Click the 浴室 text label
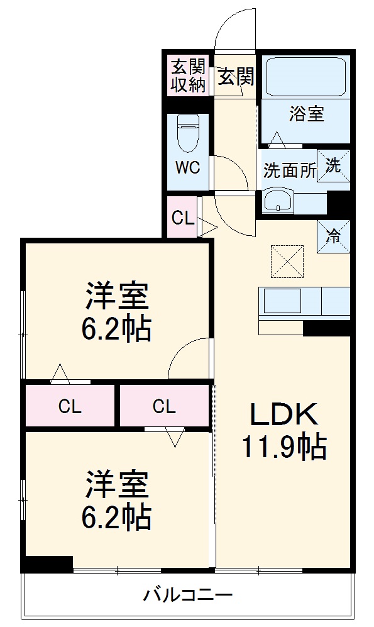[x=307, y=114]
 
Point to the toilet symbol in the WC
[x=188, y=133]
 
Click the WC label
[x=187, y=168]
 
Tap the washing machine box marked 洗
[x=333, y=165]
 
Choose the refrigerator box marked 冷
[x=333, y=236]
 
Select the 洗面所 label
[x=289, y=171]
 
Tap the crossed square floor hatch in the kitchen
[x=288, y=260]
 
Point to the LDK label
[x=283, y=415]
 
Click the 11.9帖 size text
[x=283, y=447]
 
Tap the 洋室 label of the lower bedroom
[x=117, y=484]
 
